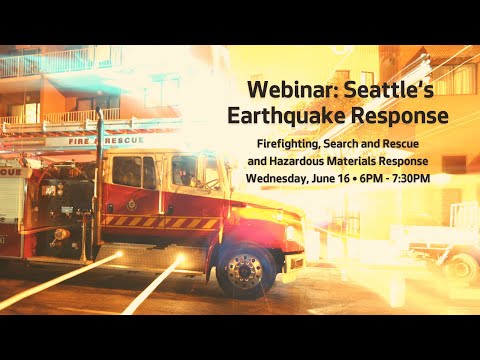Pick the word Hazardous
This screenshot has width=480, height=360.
[x=307, y=162]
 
